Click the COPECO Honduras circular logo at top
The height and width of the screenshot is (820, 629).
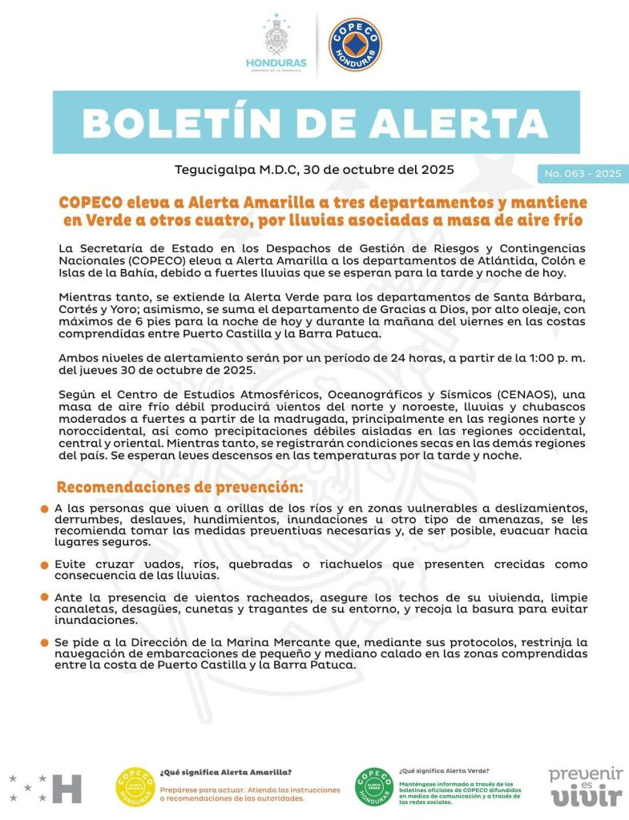pos(355,45)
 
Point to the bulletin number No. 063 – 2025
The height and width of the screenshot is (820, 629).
pos(583,174)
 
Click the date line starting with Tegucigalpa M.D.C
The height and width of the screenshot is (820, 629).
pos(314,170)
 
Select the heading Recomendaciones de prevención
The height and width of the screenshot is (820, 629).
pos(179,487)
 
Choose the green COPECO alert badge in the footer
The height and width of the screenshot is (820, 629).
pos(373,787)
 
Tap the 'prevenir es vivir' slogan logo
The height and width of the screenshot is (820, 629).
pos(585,786)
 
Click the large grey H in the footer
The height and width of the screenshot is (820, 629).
pos(67,789)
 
